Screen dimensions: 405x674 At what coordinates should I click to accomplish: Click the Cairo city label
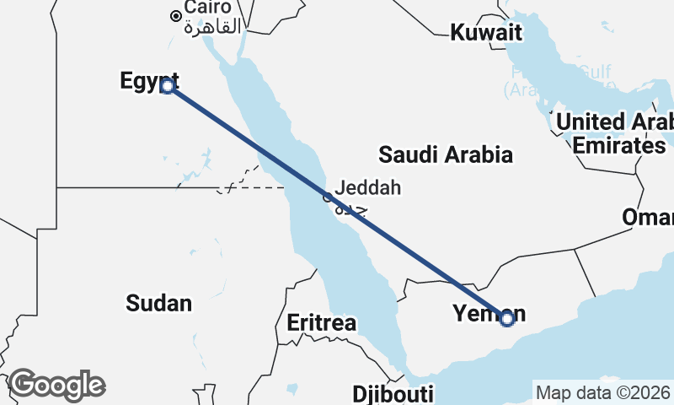[x=208, y=8]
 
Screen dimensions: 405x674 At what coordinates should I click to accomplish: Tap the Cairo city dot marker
[x=175, y=15]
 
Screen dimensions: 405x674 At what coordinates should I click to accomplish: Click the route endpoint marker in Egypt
[x=168, y=86]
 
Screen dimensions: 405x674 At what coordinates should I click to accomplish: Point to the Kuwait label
[x=486, y=33]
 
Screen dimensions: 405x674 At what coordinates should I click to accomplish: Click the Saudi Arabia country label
[x=445, y=154]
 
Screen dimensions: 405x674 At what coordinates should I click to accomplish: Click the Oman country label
[x=647, y=218]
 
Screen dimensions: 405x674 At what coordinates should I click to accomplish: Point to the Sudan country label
[x=158, y=303]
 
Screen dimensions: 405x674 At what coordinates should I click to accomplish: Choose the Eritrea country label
[x=321, y=322]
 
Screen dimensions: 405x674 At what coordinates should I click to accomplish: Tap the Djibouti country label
[x=393, y=394]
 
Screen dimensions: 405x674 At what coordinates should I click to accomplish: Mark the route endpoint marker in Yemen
[x=506, y=318]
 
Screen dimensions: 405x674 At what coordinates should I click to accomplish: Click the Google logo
[x=56, y=385]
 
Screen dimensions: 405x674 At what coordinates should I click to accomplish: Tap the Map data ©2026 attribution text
[x=603, y=392]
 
